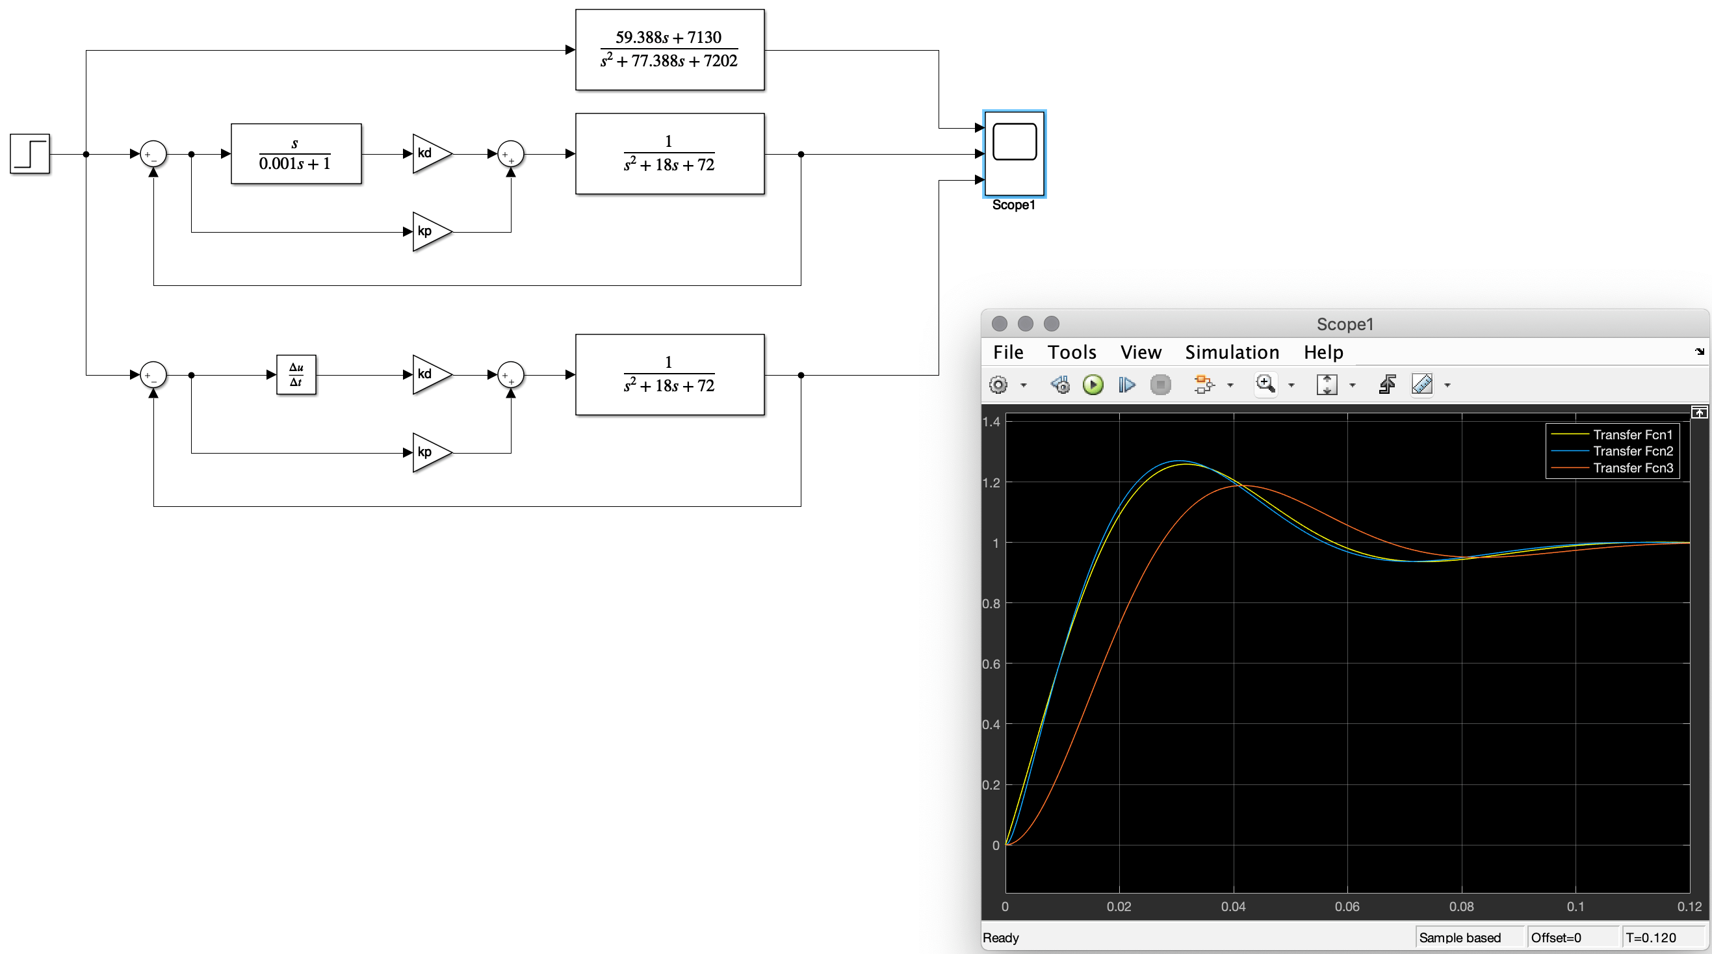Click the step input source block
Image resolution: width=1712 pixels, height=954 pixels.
[30, 153]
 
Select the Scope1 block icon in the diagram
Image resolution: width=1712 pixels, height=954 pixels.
[1014, 153]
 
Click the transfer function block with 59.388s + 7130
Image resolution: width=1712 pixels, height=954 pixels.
[669, 50]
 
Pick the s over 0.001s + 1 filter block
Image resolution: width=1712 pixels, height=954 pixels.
[296, 153]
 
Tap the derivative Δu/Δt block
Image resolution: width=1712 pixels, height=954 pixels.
[296, 375]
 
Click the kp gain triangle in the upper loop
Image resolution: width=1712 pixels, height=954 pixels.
[429, 232]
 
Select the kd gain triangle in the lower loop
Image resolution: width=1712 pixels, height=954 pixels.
[429, 375]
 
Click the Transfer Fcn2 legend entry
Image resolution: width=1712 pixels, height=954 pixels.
[1632, 451]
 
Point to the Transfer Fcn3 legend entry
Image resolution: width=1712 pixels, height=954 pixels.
[1632, 468]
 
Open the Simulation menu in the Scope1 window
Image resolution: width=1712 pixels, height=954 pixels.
[1232, 352]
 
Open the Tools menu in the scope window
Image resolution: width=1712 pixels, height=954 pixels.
[1071, 352]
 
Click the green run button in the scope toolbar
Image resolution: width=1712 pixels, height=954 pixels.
[1093, 385]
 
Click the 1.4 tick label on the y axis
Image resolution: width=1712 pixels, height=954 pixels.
[991, 422]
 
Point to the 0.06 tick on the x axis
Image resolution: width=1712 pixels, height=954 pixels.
[1347, 906]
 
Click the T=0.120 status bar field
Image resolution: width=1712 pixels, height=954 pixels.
[1651, 937]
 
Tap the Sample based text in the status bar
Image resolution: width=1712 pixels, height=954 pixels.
[1459, 937]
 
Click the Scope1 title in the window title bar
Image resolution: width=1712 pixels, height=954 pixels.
[1345, 324]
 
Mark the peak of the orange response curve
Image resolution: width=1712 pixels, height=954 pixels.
[1240, 485]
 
